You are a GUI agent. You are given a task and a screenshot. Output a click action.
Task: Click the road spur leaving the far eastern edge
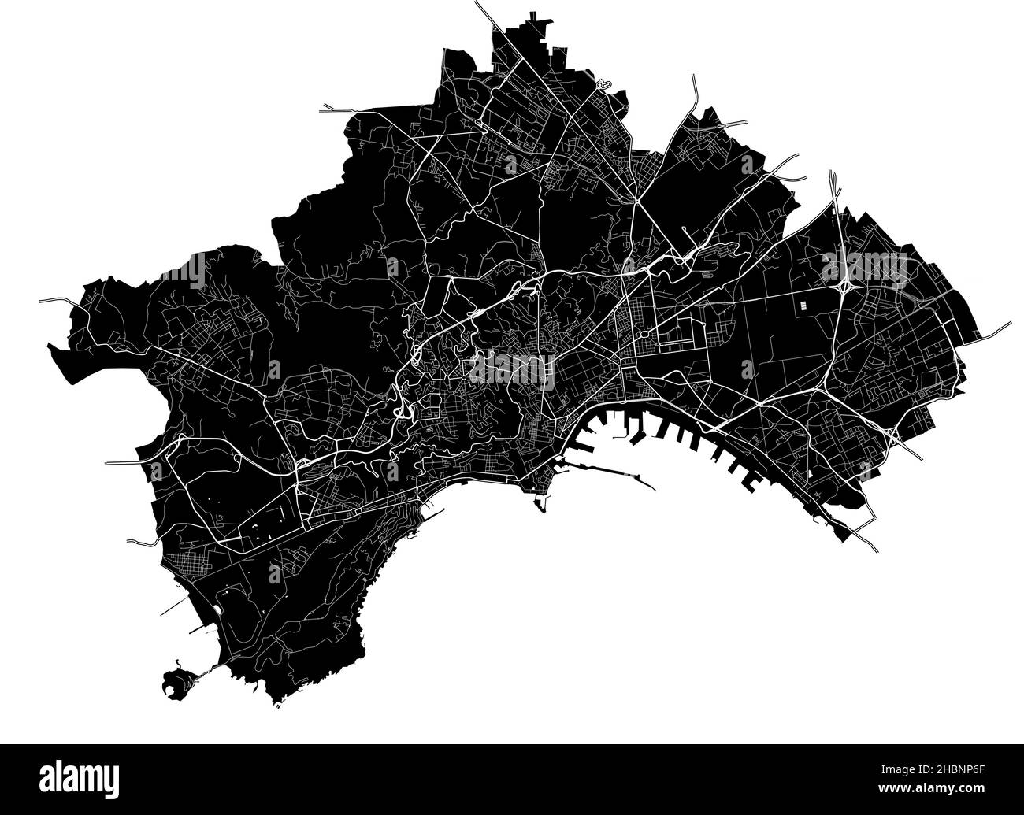(996, 329)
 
